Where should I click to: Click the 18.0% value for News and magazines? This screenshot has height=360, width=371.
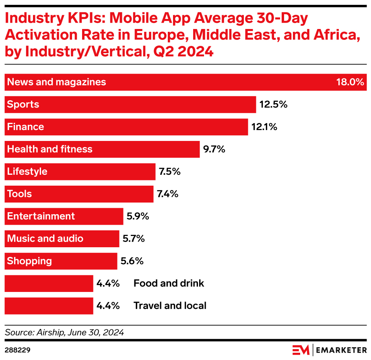pyautogui.click(x=350, y=82)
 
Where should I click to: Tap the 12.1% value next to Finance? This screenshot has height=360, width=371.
pyautogui.click(x=264, y=127)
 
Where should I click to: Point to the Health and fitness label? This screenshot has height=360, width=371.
pyautogui.click(x=50, y=149)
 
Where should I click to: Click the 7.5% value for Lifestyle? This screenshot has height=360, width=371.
pyautogui.click(x=169, y=172)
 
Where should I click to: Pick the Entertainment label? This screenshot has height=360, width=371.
pyautogui.click(x=41, y=216)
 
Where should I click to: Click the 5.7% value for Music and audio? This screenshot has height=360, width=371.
pyautogui.click(x=133, y=239)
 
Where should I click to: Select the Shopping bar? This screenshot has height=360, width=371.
pyautogui.click(x=60, y=261)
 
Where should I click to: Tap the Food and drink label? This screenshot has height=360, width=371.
pyautogui.click(x=169, y=283)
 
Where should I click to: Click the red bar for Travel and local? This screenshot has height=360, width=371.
pyautogui.click(x=49, y=306)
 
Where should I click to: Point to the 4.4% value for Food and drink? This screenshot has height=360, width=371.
pyautogui.click(x=108, y=283)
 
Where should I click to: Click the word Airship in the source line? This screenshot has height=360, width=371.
pyautogui.click(x=48, y=333)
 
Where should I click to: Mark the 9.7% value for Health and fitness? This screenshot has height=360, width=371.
pyautogui.click(x=214, y=149)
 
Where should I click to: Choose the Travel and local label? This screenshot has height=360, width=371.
pyautogui.click(x=170, y=306)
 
